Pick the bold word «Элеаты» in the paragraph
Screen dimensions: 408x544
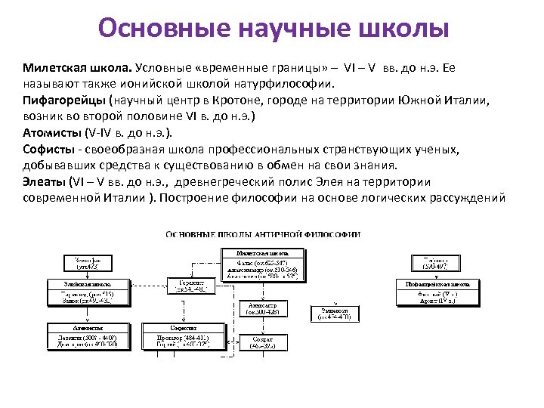pyautogui.click(x=45, y=182)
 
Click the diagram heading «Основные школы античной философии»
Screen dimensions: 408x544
pyautogui.click(x=263, y=234)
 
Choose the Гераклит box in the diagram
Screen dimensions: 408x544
pyautogui.click(x=195, y=284)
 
